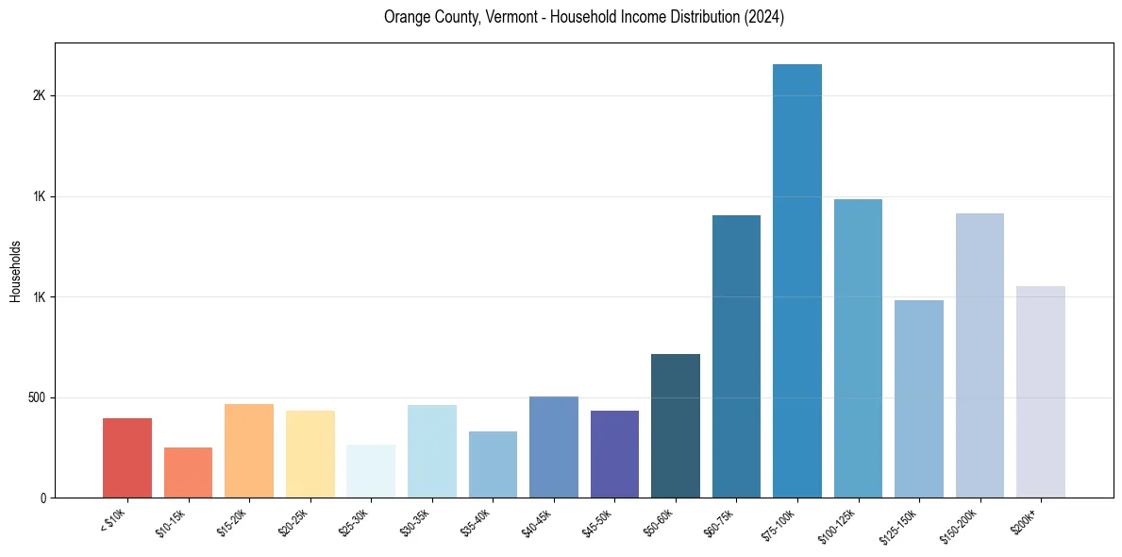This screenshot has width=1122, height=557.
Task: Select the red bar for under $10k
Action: pos(127,458)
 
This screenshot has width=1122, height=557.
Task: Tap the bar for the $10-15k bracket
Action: pos(188,472)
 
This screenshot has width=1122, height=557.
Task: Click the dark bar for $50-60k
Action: pos(676,426)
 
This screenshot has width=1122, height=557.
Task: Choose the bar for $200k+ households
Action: pos(1041,392)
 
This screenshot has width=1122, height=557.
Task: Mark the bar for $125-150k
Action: pos(919,398)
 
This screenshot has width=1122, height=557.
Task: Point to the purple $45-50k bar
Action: pos(614,454)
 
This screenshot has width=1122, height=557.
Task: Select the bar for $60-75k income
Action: pos(736,356)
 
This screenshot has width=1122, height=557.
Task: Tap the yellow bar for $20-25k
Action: pos(310,454)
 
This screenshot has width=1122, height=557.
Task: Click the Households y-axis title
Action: pos(16,271)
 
